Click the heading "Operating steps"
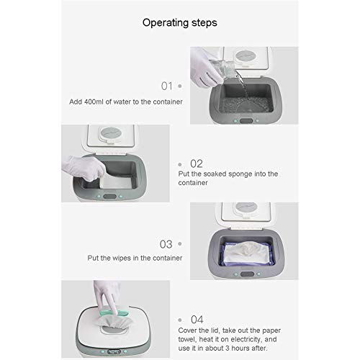[x=180, y=23]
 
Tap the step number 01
[x=167, y=86]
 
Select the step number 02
[x=197, y=164]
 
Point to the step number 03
[x=166, y=244]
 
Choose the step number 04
[x=197, y=320]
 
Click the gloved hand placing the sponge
[x=85, y=168]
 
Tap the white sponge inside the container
[x=117, y=183]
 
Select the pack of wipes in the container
[x=246, y=253]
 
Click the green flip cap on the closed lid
[x=114, y=312]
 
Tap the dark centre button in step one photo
[x=246, y=121]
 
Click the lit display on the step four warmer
[x=114, y=351]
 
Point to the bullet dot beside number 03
[x=180, y=244]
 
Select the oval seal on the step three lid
[x=246, y=207]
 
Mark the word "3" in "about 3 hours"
[x=228, y=348]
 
